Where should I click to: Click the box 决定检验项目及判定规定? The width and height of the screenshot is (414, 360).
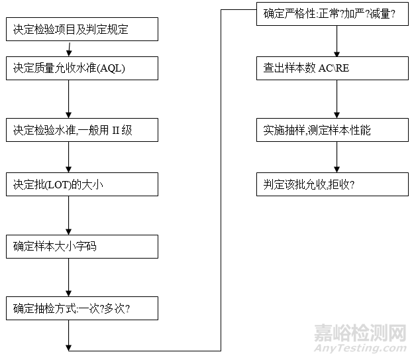coord(83,29)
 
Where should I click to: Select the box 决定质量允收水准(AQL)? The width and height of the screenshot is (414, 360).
coord(83,68)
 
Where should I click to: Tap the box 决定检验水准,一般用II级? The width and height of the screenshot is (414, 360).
coord(83,130)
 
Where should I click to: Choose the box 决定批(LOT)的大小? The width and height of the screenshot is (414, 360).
coord(83,184)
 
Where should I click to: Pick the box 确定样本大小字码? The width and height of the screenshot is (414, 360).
coord(83,247)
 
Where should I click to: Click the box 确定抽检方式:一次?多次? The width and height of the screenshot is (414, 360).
coord(83,308)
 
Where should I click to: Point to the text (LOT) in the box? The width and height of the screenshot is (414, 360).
coord(59,184)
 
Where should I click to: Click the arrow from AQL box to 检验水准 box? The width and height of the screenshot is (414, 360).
coord(69,99)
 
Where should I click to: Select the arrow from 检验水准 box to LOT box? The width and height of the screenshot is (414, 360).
coord(69,157)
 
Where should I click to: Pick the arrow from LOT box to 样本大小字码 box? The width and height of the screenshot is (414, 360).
coord(69,215)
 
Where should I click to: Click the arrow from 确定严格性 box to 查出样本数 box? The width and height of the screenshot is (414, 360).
coord(336,41)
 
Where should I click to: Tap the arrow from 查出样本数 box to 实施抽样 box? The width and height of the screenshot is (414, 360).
coord(336,99)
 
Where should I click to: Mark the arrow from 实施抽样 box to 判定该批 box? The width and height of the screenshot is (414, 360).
coord(336,157)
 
